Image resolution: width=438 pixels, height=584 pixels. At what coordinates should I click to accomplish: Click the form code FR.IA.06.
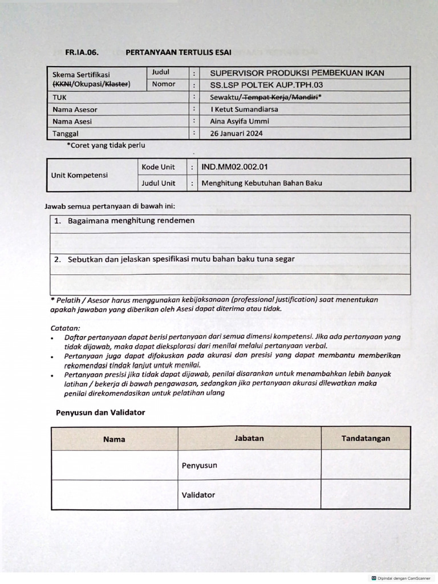point(82,52)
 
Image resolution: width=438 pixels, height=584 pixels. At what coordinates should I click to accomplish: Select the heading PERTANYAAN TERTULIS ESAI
point(179,52)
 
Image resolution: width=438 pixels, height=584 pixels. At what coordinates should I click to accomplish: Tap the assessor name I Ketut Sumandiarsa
point(244,109)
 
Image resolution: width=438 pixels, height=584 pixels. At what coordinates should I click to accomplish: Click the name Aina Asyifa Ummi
point(240,121)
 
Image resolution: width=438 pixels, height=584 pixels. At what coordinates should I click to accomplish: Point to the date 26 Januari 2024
point(237,133)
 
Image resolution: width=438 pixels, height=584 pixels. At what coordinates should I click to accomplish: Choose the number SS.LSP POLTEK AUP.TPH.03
point(270,84)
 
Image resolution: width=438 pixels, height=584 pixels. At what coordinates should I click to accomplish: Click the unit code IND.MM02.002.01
point(234,167)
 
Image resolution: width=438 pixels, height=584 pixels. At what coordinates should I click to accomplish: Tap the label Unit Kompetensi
point(80,175)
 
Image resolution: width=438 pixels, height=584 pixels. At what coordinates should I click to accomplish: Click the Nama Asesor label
point(75,109)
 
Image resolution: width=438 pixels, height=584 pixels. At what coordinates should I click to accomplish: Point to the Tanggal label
point(66,133)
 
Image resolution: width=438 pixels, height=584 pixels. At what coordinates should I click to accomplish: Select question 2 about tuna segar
point(175,259)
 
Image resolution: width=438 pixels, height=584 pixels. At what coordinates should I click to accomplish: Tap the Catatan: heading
point(66,328)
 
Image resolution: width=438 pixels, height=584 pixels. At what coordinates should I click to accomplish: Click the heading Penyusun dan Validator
point(100,412)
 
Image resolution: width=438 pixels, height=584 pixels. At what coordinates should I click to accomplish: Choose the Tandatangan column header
point(366,438)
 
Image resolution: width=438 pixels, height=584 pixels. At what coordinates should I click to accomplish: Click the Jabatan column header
point(249,438)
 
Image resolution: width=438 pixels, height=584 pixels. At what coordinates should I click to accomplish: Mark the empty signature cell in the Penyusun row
point(366,465)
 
